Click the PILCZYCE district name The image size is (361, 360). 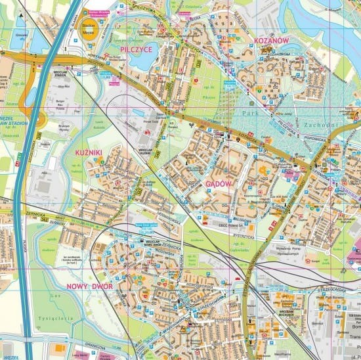[137, 48]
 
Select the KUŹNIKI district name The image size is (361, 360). [89, 152]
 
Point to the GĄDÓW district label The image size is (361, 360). [219, 184]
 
